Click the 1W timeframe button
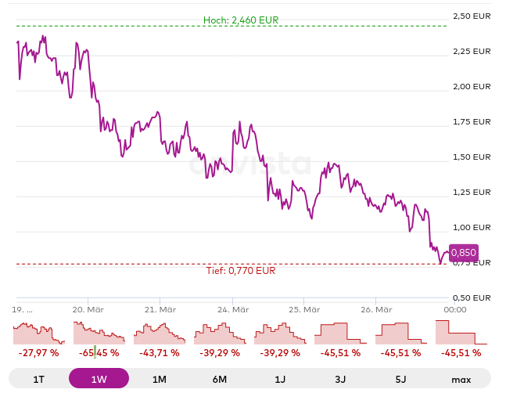tap(99, 379)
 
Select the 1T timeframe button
tap(38, 379)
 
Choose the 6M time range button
tap(220, 379)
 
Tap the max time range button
tap(461, 379)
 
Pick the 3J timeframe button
tap(340, 379)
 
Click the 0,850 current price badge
tap(463, 253)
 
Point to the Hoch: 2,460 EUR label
tap(240, 20)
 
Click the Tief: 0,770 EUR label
tap(240, 271)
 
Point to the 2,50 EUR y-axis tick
tap(472, 16)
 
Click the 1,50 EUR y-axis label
tap(472, 157)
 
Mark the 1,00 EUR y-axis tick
tap(472, 227)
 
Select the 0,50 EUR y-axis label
tap(472, 297)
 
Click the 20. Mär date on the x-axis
tap(88, 309)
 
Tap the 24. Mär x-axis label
tap(232, 309)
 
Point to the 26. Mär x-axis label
tap(376, 309)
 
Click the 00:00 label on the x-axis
tap(455, 309)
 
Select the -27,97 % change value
tap(38, 353)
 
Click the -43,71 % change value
tap(159, 353)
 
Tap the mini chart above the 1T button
tap(38, 333)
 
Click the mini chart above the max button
tap(461, 333)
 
